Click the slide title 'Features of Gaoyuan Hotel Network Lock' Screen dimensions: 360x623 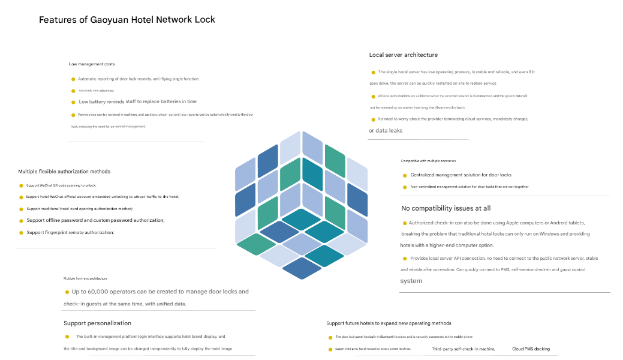tap(127, 20)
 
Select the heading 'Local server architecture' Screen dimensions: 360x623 tap(403, 55)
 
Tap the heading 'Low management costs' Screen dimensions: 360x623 tap(92, 64)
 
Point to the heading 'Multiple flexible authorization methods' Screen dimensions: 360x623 tap(64, 172)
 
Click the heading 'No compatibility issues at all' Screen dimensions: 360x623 tap(446, 208)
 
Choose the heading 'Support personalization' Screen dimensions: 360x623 tap(97, 323)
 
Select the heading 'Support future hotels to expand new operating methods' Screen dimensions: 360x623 tap(389, 323)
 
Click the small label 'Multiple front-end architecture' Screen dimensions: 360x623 tap(85, 278)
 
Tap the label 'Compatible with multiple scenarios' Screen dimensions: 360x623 tap(428, 161)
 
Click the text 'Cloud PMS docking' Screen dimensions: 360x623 tap(531, 349)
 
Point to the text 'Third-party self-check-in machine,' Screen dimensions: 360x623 tap(464, 349)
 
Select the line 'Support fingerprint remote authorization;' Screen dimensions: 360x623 tap(70, 232)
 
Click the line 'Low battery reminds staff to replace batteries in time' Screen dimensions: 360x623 tap(137, 102)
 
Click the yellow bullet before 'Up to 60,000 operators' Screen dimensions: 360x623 tap(67, 292)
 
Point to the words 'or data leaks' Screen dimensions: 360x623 tap(386, 131)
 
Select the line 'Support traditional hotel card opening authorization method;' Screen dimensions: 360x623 tap(79, 209)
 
